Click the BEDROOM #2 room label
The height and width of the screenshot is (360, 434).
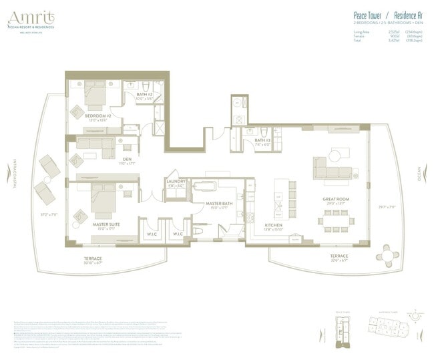(97, 116)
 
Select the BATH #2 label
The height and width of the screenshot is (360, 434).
(146, 95)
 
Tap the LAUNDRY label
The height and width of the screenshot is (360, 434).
(176, 181)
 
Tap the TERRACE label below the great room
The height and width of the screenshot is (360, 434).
(339, 256)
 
